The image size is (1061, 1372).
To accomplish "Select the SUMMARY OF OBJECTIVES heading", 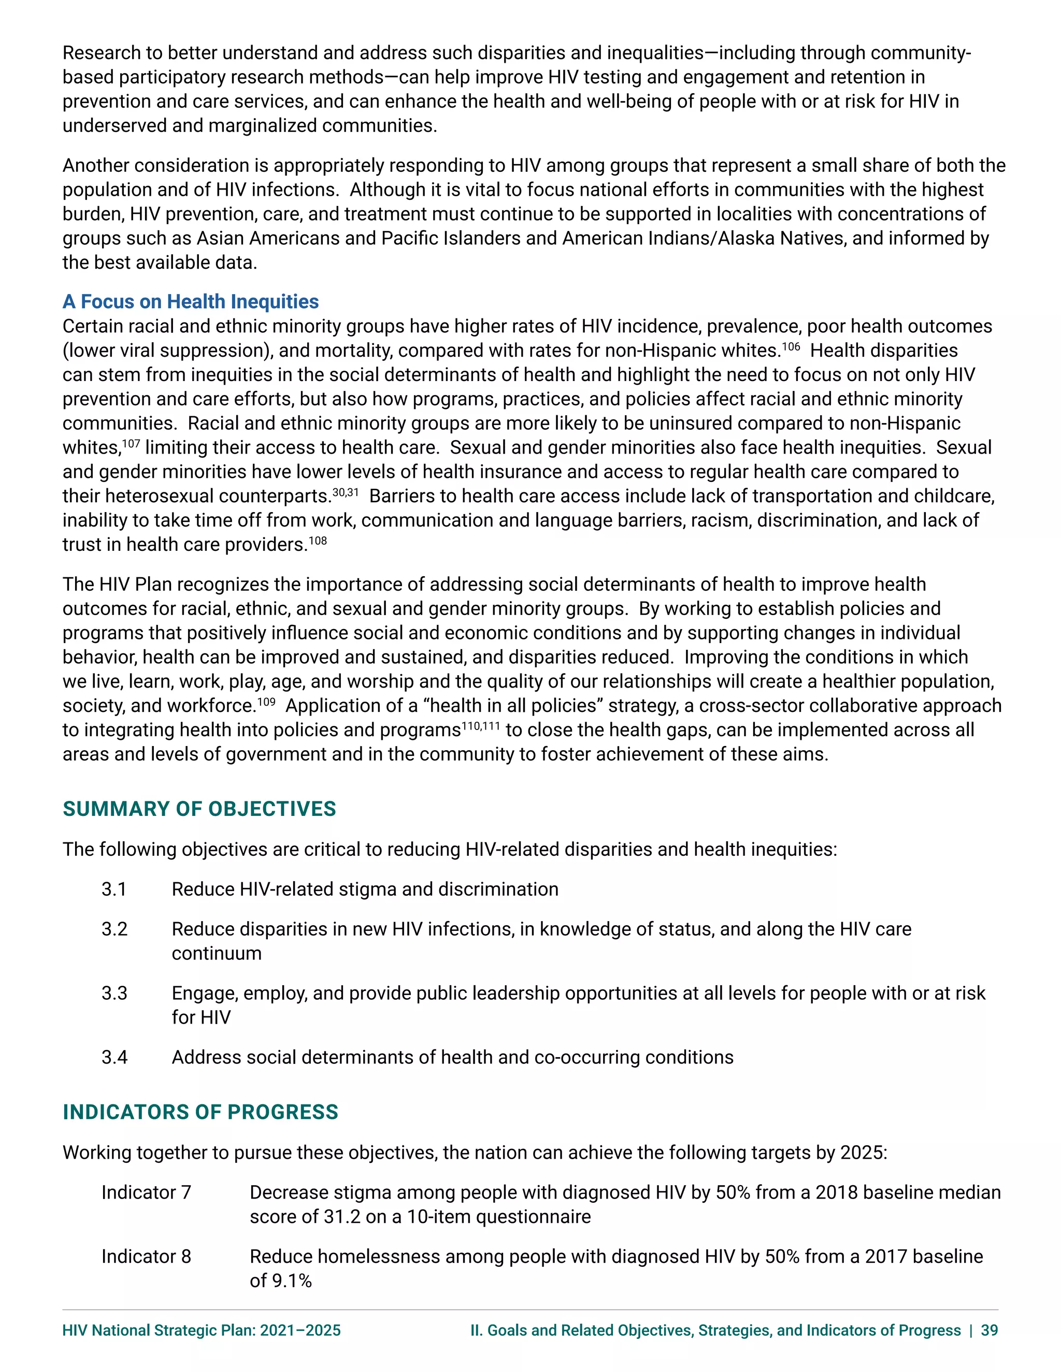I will [199, 809].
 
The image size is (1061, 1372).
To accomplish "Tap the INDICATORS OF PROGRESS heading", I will [200, 1112].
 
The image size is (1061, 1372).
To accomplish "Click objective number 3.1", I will [114, 889].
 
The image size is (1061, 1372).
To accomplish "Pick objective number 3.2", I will [114, 929].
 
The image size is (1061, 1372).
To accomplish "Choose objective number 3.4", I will [114, 1057].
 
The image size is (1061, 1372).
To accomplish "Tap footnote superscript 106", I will [791, 346].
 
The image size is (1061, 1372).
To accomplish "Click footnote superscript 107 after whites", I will [131, 444].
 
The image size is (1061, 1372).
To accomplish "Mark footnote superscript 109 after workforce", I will [266, 702].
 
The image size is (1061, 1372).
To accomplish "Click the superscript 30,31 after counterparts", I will [345, 492].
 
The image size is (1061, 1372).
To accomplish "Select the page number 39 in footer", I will [990, 1330].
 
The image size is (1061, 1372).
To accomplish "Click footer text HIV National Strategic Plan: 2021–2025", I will [201, 1330].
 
